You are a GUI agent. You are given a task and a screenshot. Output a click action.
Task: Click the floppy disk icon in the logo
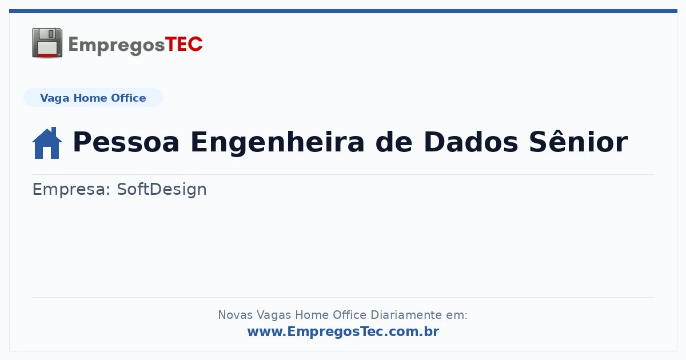(x=47, y=43)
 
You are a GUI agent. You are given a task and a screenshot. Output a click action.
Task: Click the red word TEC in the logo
(x=184, y=45)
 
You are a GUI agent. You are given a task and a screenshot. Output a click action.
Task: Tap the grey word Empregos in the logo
(x=117, y=45)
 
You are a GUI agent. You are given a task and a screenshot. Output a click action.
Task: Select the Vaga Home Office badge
(x=93, y=98)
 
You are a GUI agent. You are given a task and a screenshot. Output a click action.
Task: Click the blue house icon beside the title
(x=47, y=143)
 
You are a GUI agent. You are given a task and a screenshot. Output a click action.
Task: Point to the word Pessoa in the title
(x=126, y=142)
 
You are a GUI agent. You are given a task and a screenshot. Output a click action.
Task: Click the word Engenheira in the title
(x=277, y=143)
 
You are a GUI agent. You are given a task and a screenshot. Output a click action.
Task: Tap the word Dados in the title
(x=470, y=142)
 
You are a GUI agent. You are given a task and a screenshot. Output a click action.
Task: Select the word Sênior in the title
(x=579, y=141)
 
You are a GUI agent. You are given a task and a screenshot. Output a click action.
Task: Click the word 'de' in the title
(x=394, y=142)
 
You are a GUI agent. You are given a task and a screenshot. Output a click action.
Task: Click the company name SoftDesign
(x=162, y=189)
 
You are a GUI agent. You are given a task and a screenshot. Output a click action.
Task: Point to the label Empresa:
(x=71, y=190)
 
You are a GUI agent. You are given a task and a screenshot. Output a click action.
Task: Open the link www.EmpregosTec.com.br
(x=344, y=331)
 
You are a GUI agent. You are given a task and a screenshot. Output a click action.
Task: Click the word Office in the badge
(x=128, y=98)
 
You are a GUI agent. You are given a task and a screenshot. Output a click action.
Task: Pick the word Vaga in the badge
(x=54, y=98)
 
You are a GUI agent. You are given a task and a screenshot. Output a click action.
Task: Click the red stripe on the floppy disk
(x=47, y=55)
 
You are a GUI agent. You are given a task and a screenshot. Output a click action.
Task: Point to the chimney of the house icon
(x=54, y=131)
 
